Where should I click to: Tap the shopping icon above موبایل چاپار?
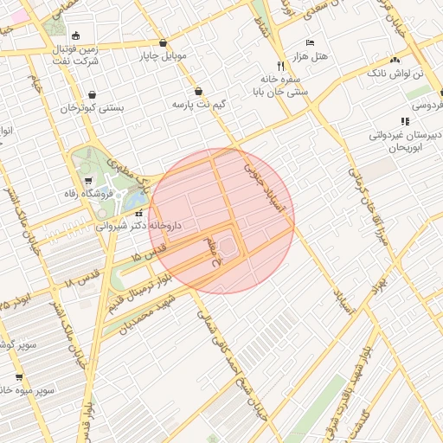click(163, 43)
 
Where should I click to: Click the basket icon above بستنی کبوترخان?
click(92, 95)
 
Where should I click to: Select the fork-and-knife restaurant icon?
click(279, 66)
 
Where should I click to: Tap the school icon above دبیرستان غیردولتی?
click(404, 121)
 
